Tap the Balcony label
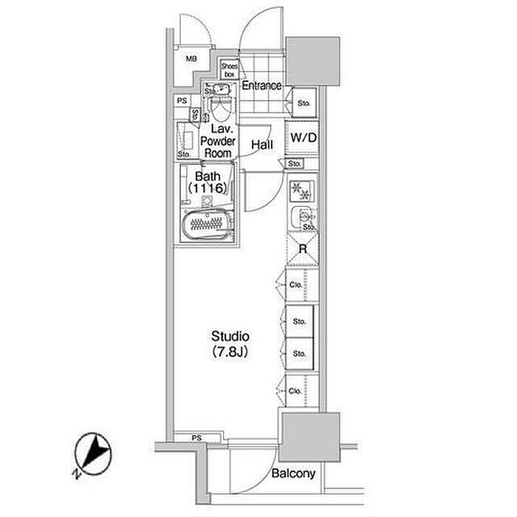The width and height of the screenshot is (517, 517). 293,474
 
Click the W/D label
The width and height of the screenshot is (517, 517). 304,137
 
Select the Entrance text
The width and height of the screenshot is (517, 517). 261,86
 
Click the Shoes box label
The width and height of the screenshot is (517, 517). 229,70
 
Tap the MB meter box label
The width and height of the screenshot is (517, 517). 191,58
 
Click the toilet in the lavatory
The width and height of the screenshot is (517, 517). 221,107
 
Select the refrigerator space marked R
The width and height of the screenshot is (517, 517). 303,249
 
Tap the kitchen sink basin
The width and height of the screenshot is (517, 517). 303,218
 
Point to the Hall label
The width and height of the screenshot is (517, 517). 262,145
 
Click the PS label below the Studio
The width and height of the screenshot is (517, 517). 196,438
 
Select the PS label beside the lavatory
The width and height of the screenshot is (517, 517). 182,100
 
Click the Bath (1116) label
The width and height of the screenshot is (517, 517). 208,182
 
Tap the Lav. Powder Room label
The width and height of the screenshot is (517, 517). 218,141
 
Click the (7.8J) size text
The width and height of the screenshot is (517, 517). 230,352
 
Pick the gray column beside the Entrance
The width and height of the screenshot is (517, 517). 312,61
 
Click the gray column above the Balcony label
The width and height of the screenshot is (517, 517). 309,437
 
